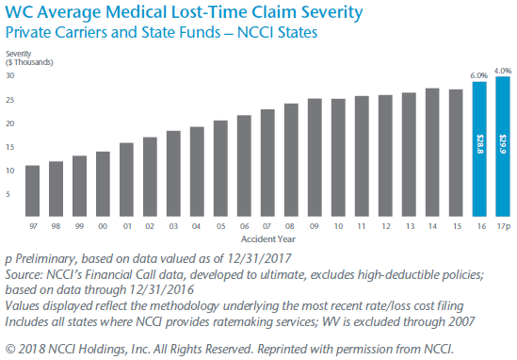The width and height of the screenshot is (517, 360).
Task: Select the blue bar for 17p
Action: click(x=502, y=147)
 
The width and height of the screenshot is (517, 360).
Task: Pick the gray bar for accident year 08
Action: click(x=291, y=161)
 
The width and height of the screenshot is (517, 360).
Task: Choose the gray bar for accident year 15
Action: click(x=455, y=154)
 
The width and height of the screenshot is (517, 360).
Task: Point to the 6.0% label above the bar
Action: click(x=477, y=74)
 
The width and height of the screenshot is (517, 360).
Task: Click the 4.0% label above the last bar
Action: click(x=502, y=70)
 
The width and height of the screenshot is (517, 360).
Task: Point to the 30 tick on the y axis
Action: click(x=9, y=75)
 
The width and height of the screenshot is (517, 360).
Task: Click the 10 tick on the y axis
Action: click(x=9, y=171)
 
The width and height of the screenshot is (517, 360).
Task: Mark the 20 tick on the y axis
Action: click(x=9, y=123)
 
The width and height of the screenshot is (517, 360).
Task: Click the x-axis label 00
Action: click(x=103, y=226)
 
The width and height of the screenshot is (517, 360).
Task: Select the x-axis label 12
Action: click(x=384, y=226)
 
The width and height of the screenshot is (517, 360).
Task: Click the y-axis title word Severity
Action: click(x=20, y=53)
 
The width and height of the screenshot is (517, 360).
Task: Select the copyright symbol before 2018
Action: click(x=11, y=348)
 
